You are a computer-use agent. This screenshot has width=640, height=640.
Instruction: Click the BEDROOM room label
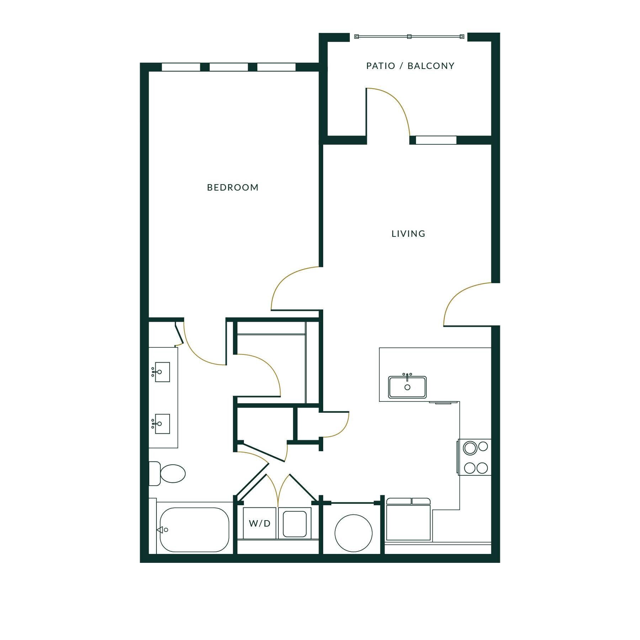233,187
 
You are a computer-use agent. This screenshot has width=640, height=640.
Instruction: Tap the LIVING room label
408,234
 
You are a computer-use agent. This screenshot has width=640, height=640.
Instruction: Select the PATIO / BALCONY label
410,66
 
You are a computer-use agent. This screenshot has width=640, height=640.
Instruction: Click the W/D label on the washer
260,523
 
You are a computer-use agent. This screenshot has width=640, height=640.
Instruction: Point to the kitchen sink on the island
407,387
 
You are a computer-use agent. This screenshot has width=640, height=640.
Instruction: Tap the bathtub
194,529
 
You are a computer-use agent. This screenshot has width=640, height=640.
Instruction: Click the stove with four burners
475,457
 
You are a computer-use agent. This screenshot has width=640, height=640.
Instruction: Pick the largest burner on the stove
470,448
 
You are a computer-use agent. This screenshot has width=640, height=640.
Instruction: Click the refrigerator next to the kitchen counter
408,520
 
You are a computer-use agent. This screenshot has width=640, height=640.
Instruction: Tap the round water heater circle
353,533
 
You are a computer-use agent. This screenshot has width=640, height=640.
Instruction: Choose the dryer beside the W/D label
294,524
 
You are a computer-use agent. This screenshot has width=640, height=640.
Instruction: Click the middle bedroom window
229,67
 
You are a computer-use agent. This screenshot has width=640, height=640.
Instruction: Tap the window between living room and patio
436,140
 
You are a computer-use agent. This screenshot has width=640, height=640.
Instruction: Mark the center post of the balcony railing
409,36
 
